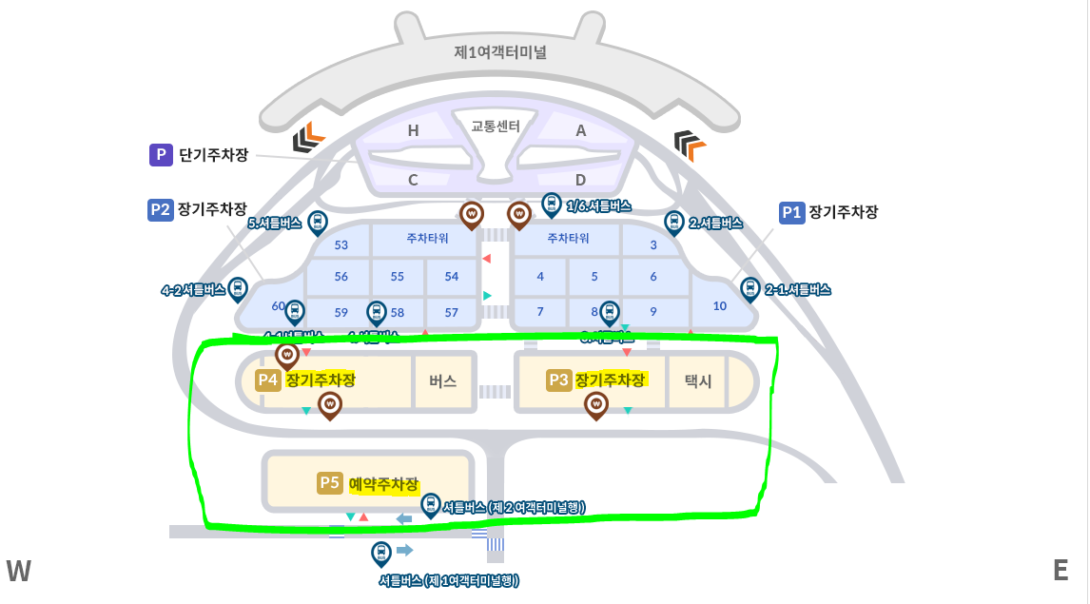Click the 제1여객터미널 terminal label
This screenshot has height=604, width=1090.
click(500, 52)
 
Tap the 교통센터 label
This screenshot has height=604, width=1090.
click(496, 126)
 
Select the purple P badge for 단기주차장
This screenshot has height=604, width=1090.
click(161, 154)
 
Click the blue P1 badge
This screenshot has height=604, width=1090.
click(791, 212)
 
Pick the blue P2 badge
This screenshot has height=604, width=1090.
click(160, 209)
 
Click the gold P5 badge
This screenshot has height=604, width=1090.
click(329, 483)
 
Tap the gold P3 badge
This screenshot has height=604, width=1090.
click(558, 380)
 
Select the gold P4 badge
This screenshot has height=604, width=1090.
click(268, 380)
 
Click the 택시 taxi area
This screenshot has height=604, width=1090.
click(698, 380)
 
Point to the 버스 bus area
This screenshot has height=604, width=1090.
click(443, 380)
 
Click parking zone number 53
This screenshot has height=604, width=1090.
click(341, 244)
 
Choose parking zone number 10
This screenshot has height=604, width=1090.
click(719, 305)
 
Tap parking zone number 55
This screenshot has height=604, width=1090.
click(398, 276)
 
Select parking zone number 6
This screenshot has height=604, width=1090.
click(653, 276)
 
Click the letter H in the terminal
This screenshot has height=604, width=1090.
click(413, 131)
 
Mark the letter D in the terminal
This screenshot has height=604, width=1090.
click(580, 180)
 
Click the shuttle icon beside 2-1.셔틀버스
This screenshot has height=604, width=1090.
click(749, 289)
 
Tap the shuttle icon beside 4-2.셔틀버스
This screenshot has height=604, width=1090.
click(238, 289)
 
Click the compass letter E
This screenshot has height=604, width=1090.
click(1061, 570)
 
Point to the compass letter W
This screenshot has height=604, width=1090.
click(19, 571)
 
